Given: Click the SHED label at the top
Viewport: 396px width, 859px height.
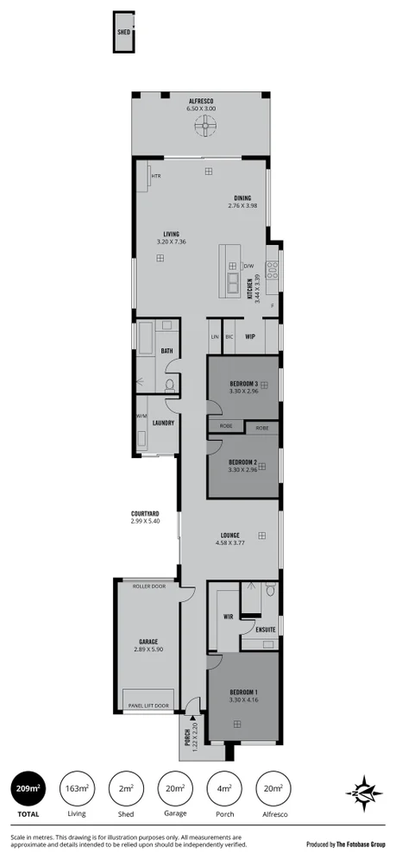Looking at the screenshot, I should pos(123,34).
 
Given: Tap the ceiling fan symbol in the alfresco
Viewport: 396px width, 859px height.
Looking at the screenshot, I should pos(204,128).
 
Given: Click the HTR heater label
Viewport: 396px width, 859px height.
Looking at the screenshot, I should pos(156,176).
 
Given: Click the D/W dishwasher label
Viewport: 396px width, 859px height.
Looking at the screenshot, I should pos(248,266).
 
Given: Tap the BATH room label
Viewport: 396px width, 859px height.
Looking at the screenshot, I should pos(168,351).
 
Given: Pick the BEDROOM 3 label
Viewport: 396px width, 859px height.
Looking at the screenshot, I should pos(244,383).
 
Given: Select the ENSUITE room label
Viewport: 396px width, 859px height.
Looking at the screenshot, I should pos(265,630).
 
